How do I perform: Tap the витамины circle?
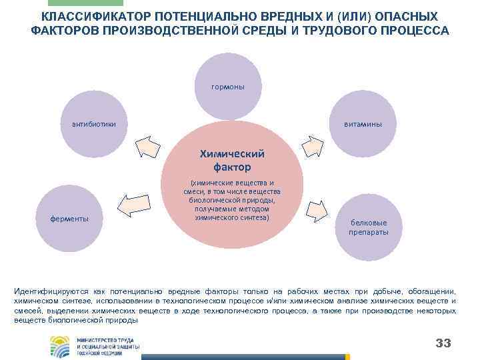pyautogui.click(x=363, y=124)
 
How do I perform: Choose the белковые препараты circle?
pyautogui.click(x=367, y=227)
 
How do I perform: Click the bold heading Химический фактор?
pyautogui.click(x=233, y=159)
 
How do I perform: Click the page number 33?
pyautogui.click(x=443, y=343)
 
